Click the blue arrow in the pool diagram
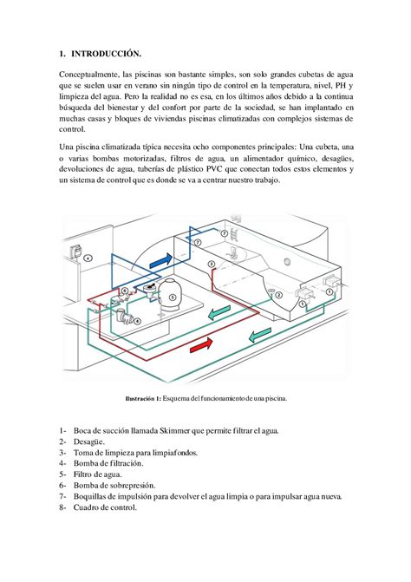160,259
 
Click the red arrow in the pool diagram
199,345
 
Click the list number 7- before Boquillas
63,497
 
